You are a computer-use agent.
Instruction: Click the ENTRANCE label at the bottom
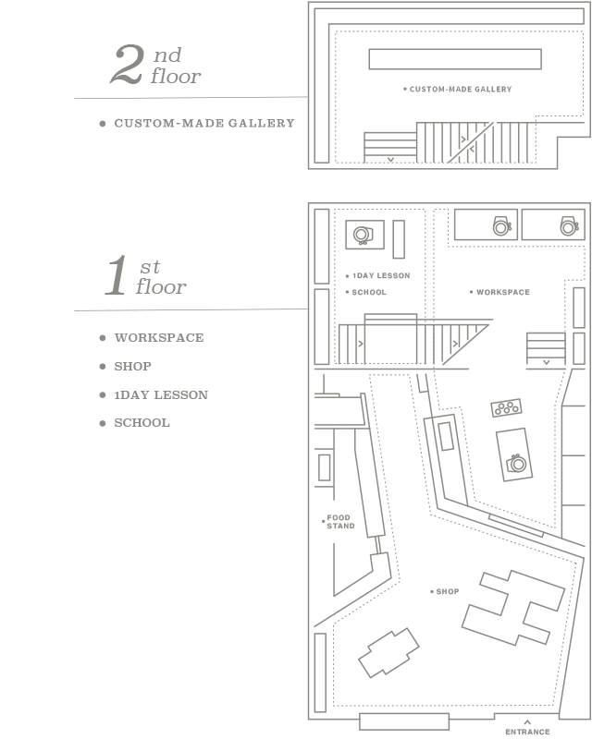527,732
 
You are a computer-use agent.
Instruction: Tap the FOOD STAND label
340,522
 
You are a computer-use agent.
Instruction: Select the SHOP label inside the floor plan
447,591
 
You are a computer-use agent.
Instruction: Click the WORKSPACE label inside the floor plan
503,292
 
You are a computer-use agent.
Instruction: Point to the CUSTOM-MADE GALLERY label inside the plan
461,89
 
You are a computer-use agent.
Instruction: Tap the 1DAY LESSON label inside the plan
381,275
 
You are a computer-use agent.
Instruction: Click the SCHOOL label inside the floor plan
369,292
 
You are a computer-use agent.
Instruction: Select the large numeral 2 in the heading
127,65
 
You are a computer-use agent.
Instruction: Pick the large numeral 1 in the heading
117,275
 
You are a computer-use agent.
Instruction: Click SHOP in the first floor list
132,366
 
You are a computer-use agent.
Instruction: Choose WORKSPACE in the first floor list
159,337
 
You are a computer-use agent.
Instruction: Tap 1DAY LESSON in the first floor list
161,395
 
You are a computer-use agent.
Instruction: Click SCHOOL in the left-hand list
142,423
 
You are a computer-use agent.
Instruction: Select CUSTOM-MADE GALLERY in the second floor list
204,124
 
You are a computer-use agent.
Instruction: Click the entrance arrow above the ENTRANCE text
527,721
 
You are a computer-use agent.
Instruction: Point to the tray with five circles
507,407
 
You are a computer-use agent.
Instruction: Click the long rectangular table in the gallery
455,59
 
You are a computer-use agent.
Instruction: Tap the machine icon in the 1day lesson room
363,235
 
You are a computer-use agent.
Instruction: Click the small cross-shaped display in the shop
388,653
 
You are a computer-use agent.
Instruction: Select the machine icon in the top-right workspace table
570,226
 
